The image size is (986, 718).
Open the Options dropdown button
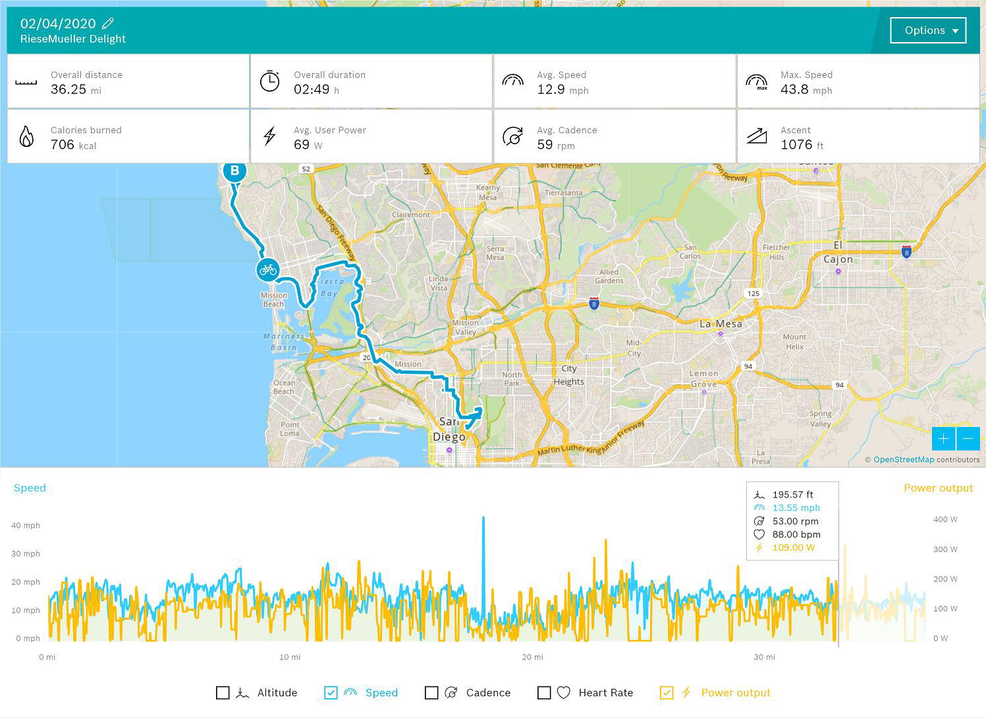point(927,30)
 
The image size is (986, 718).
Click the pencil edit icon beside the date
point(108,24)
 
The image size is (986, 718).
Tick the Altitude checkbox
point(223,692)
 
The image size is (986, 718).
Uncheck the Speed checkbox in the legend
point(331,692)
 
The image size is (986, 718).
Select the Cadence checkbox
point(431,692)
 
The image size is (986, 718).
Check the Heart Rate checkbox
point(544,692)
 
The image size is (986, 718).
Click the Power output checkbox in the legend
point(667,692)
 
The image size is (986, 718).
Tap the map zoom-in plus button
point(943,439)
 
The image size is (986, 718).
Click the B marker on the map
point(234,171)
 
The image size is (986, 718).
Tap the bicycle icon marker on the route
point(267,269)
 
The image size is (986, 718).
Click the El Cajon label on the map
point(838,252)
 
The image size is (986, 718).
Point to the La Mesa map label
point(721,323)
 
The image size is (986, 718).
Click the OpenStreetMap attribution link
point(903,460)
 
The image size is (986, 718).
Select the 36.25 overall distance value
point(68,90)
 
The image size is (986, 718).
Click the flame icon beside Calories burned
point(26,136)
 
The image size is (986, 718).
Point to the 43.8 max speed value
point(794,90)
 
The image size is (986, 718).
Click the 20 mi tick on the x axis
point(532,657)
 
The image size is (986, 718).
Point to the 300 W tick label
point(945,549)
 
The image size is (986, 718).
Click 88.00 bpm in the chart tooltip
point(796,534)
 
